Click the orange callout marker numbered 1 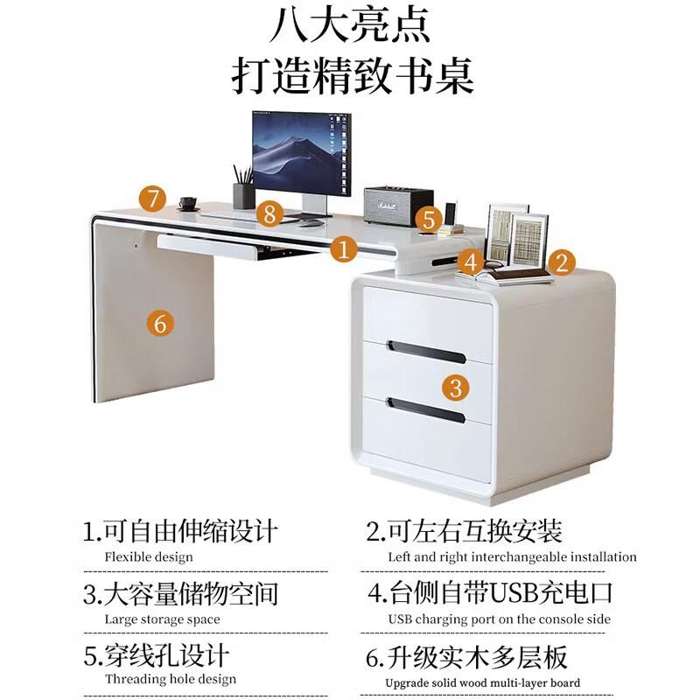[345, 250]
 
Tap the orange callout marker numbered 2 [562, 261]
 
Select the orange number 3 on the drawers [455, 386]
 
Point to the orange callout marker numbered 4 [471, 261]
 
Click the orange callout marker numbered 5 [426, 219]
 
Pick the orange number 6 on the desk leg [159, 323]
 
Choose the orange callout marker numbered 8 [269, 212]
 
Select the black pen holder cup [243, 195]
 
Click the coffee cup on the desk [187, 203]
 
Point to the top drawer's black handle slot [425, 352]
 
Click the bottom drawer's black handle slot [425, 409]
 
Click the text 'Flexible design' [149, 556]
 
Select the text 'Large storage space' [162, 619]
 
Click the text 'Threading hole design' [171, 679]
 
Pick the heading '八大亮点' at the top [350, 26]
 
